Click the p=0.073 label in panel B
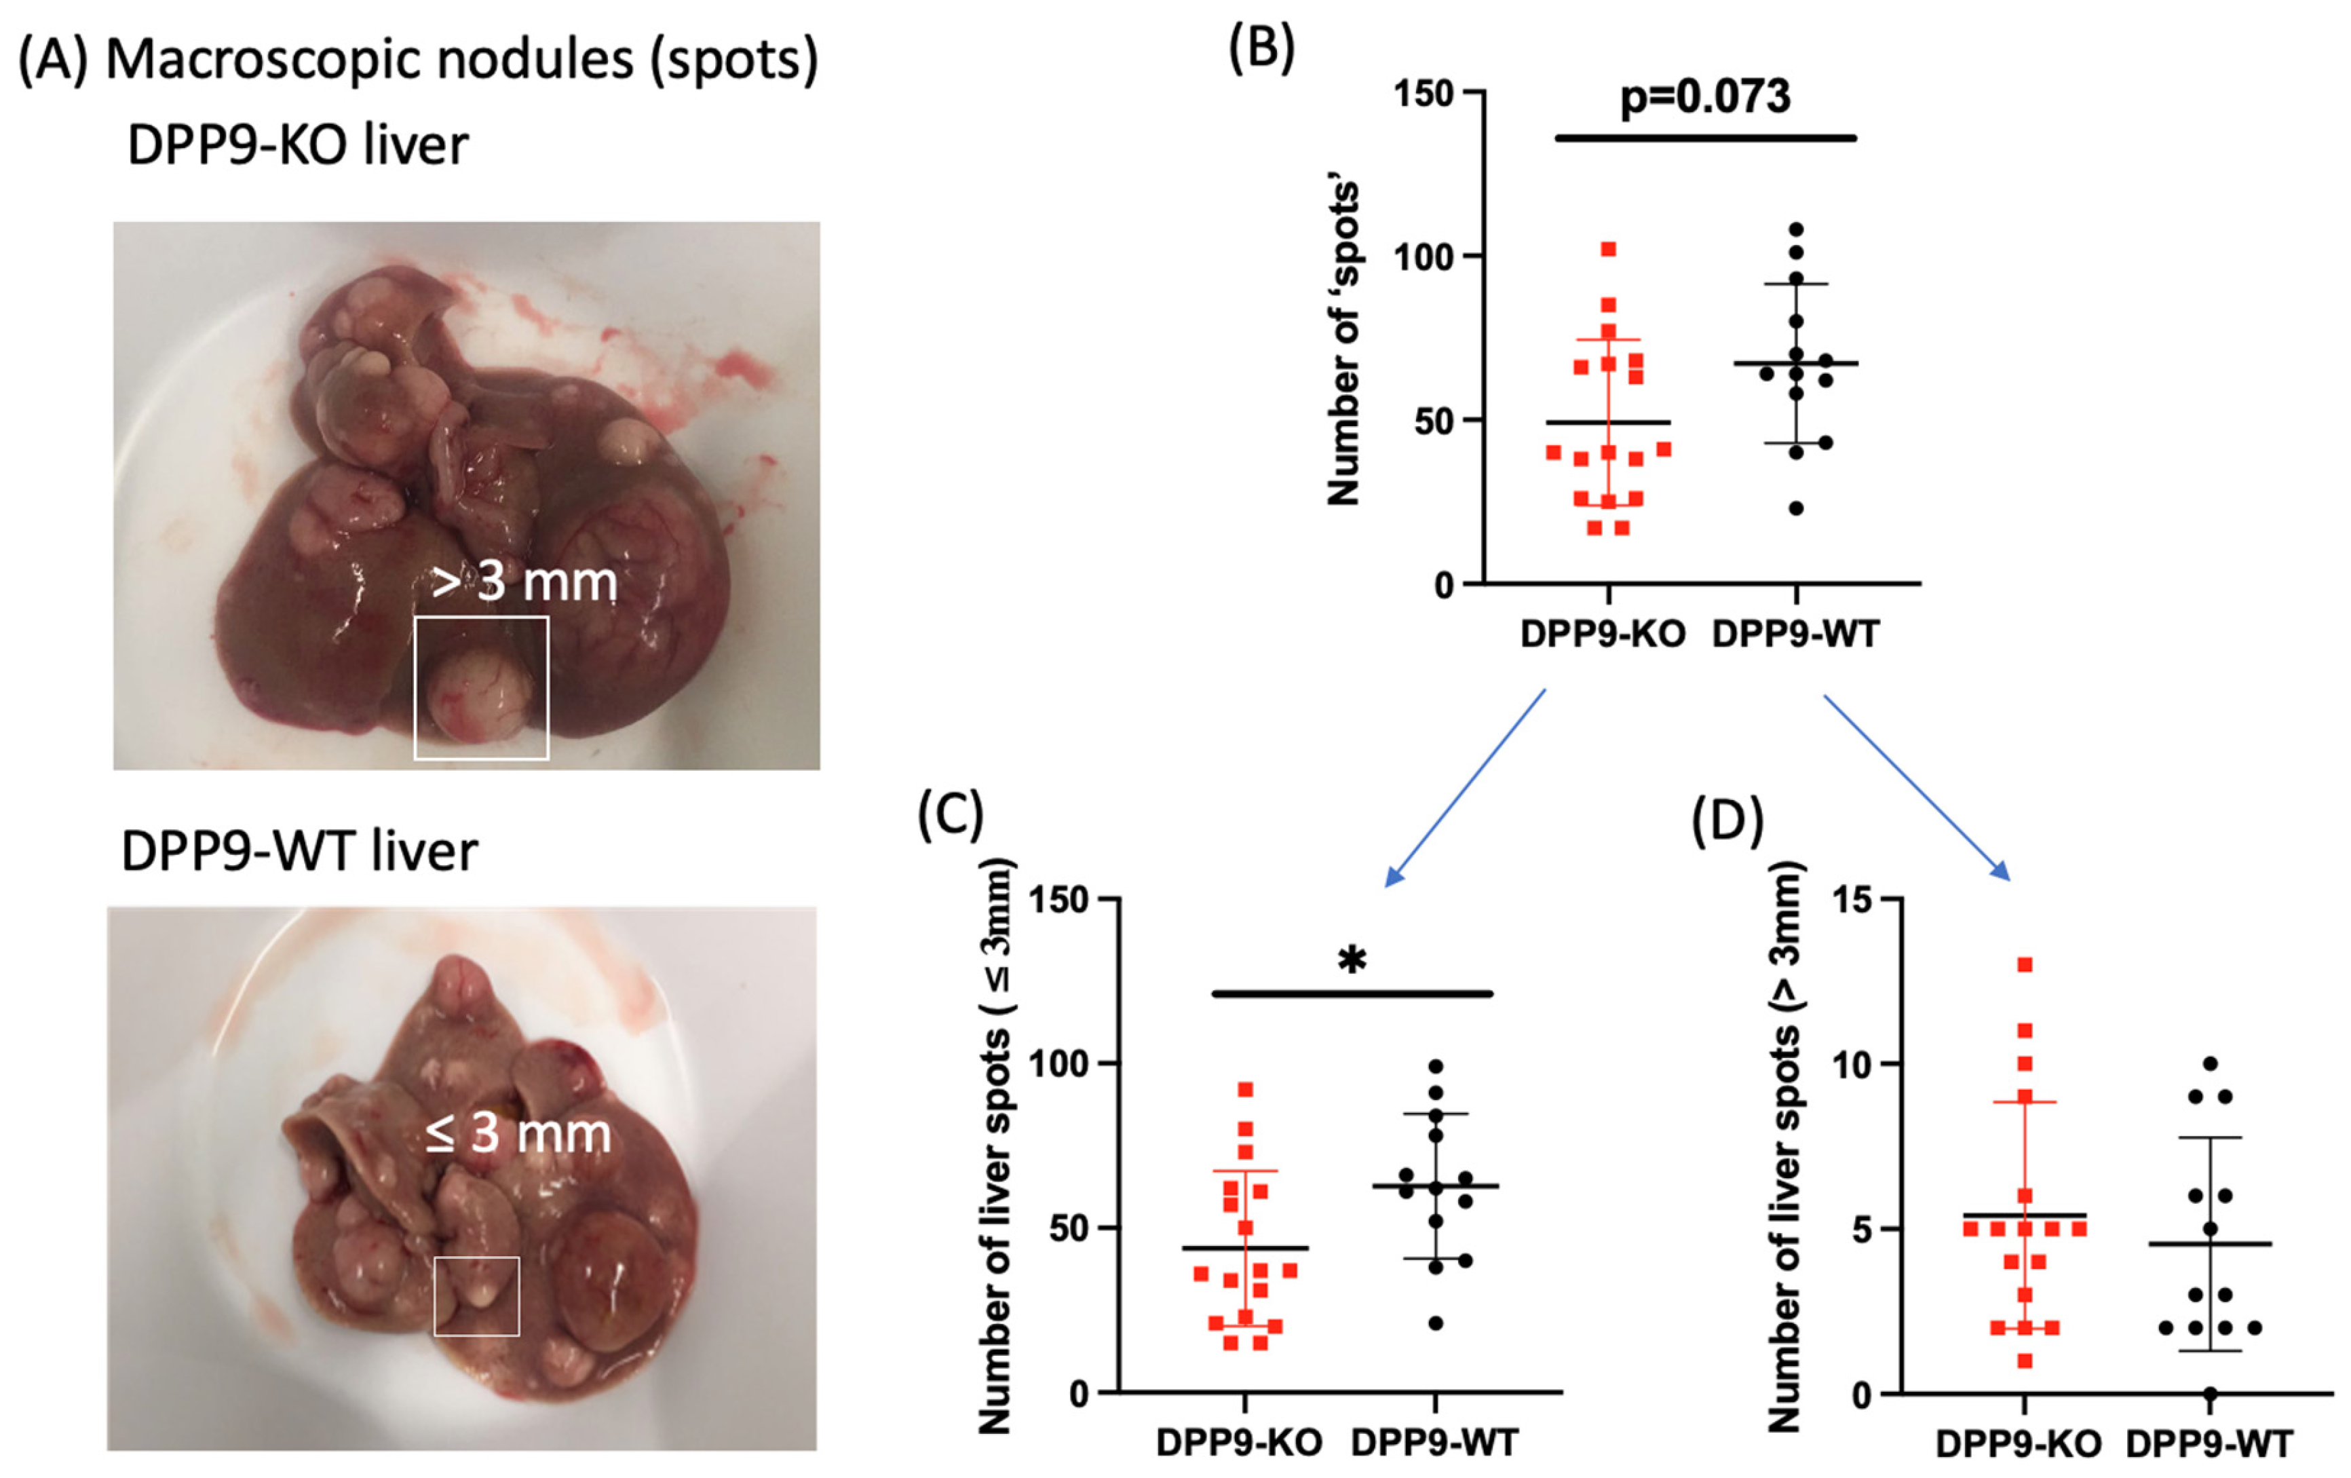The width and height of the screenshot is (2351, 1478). click(1704, 96)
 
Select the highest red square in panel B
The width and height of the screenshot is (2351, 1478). click(1608, 250)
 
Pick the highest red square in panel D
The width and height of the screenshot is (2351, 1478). click(2025, 964)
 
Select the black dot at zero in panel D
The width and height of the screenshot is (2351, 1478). click(2211, 1393)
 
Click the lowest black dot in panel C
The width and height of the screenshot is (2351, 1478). click(1435, 1324)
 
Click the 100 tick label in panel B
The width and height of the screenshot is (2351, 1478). click(1423, 258)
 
